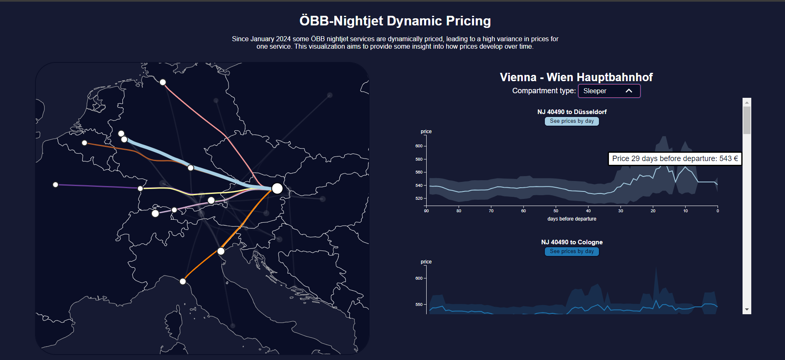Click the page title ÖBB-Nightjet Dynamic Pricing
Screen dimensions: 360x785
coord(395,21)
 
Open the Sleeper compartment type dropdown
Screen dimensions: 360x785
coord(609,91)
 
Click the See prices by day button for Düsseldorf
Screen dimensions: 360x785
coord(571,121)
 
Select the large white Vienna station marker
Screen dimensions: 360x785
coord(277,189)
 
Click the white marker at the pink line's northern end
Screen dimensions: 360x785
coord(163,82)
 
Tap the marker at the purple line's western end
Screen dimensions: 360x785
coord(55,184)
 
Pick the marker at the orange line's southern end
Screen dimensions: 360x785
coord(183,281)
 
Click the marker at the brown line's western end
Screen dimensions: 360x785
coord(84,143)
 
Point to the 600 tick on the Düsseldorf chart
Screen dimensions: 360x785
coord(419,146)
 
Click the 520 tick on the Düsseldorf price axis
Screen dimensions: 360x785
coord(419,199)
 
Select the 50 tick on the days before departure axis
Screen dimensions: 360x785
coord(556,211)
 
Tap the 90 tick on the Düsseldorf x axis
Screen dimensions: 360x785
coord(426,211)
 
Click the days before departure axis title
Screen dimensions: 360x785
coord(571,219)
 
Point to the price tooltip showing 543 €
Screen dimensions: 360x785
coord(675,159)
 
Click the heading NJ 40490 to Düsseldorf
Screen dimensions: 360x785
coord(571,112)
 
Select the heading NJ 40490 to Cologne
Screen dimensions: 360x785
coord(571,242)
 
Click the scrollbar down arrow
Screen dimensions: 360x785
coord(747,310)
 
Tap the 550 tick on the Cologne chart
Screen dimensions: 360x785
coord(419,305)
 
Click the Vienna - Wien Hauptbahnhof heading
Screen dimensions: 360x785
coord(576,77)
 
